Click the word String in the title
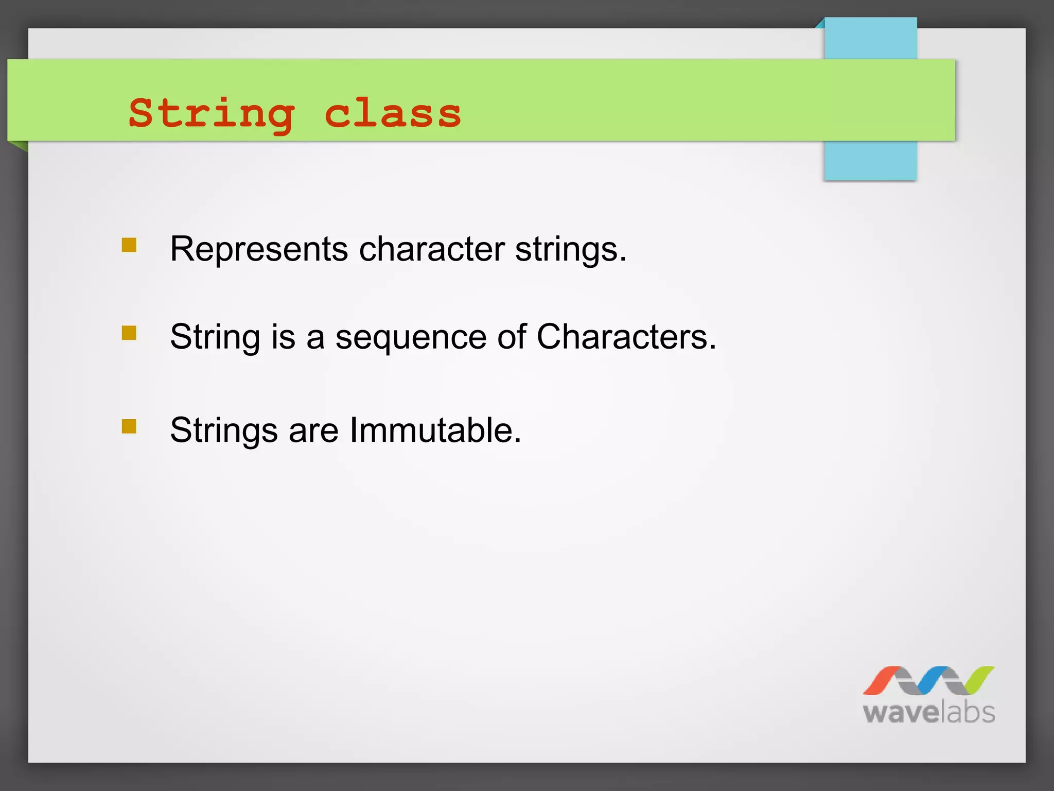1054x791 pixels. (212, 114)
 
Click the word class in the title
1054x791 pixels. (392, 114)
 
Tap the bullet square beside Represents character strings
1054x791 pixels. (129, 245)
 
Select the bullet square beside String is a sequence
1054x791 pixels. (129, 333)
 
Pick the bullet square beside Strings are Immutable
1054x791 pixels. (129, 426)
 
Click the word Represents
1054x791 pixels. (259, 249)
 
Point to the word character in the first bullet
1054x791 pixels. (432, 249)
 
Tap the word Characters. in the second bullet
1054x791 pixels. (626, 337)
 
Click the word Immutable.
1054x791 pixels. (435, 431)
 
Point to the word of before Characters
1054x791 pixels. (512, 337)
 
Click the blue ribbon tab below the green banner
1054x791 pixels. (870, 161)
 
